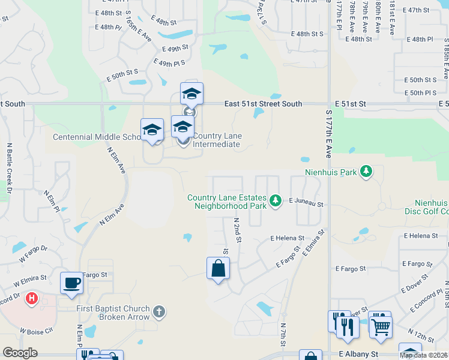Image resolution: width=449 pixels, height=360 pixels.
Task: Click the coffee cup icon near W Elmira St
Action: pyautogui.click(x=71, y=283)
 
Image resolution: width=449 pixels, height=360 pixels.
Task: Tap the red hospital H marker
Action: pyautogui.click(x=32, y=298)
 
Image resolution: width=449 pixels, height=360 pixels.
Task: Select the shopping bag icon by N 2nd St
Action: pyautogui.click(x=218, y=268)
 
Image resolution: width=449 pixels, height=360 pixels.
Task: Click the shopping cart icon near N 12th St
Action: pyautogui.click(x=381, y=326)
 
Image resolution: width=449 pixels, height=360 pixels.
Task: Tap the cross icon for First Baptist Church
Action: pyautogui.click(x=158, y=311)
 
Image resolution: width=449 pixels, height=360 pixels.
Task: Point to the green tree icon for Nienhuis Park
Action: pyautogui.click(x=366, y=173)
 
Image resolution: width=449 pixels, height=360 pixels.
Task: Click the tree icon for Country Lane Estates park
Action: pyautogui.click(x=276, y=200)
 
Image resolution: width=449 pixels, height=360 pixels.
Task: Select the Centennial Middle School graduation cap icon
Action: pyautogui.click(x=152, y=130)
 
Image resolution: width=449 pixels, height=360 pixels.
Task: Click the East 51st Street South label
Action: pyautogui.click(x=263, y=104)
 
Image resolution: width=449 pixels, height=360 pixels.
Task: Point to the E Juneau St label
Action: pyautogui.click(x=306, y=204)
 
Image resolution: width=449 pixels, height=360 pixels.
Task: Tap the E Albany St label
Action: pyautogui.click(x=358, y=355)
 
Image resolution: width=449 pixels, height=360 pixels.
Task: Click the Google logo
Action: pyautogui.click(x=20, y=353)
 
